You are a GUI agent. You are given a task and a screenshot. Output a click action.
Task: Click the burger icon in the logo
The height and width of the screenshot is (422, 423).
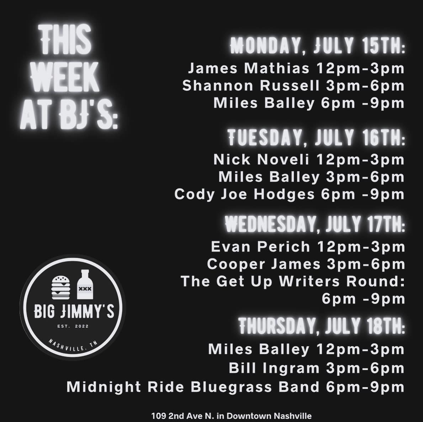[60, 287]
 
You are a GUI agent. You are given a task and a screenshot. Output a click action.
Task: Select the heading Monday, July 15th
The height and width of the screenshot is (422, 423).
[318, 46]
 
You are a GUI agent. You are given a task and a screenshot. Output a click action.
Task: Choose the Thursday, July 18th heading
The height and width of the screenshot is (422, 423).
[322, 326]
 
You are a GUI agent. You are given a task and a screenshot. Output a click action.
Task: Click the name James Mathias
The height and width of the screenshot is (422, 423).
[248, 68]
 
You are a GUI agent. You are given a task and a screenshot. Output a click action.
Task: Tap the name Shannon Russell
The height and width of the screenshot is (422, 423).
[251, 85]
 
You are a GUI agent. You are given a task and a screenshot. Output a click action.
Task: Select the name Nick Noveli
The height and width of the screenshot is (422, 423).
[261, 159]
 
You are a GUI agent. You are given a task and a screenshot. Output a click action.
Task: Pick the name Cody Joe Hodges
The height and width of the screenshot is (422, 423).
[244, 195]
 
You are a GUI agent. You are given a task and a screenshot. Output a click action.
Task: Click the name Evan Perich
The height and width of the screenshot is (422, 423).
[261, 247]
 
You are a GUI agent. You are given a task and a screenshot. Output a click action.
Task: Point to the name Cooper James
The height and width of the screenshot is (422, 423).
[264, 264]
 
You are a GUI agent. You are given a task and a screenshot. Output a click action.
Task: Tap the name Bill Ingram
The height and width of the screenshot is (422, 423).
[274, 368]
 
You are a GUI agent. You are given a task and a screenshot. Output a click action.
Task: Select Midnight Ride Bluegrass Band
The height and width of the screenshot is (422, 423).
[193, 387]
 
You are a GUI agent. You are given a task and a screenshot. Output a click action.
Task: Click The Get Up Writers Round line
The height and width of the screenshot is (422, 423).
[293, 281]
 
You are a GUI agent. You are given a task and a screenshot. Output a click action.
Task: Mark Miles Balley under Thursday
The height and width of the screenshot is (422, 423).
[259, 349]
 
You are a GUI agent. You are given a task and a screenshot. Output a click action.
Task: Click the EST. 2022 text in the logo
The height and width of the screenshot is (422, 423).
[73, 326]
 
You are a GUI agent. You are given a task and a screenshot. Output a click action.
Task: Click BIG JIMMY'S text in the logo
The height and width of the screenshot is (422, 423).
[74, 312]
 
